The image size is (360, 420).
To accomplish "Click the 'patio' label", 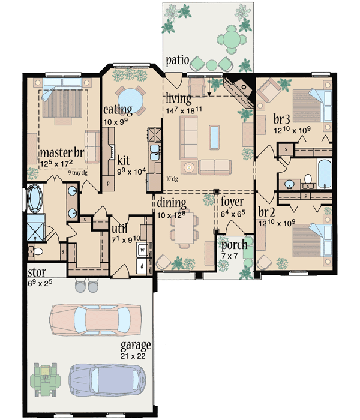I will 179,60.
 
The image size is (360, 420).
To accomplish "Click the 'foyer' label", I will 232,201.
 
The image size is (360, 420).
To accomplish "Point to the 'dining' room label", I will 172,202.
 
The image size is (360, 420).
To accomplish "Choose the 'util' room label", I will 118,229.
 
